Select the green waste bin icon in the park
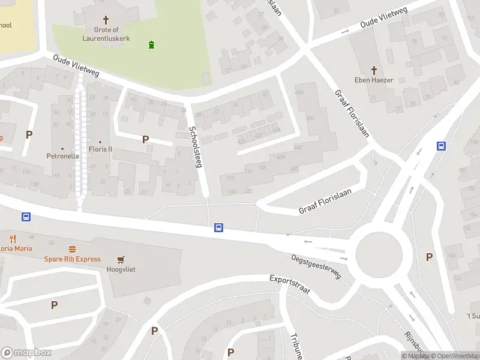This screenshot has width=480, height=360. click(x=151, y=44)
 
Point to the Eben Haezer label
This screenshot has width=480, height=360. click(x=373, y=80)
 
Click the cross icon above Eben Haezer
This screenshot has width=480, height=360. click(x=373, y=70)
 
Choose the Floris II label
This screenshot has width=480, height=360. click(x=100, y=149)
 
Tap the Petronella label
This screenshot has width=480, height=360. click(x=62, y=156)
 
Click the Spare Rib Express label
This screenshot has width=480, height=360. click(x=72, y=259)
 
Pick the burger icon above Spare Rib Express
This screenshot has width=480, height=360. click(x=73, y=248)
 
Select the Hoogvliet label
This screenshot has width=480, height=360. click(x=121, y=269)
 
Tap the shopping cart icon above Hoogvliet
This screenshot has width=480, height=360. click(x=121, y=259)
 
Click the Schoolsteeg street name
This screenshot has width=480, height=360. click(x=194, y=146)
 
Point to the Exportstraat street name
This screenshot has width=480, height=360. click(x=289, y=284)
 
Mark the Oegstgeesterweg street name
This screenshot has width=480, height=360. click(x=316, y=266)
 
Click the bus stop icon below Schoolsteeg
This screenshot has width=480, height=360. click(x=219, y=227)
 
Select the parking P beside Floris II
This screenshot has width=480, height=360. click(x=145, y=139)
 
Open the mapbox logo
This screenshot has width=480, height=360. click(x=26, y=352)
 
